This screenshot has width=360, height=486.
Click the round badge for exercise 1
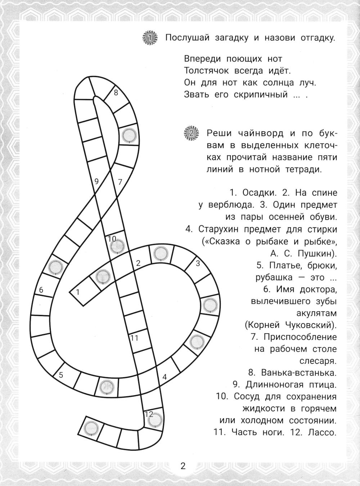[x=150, y=38]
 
